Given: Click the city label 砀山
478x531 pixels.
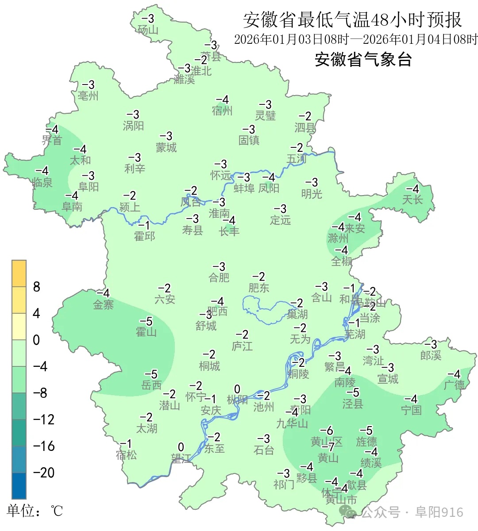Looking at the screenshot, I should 148,30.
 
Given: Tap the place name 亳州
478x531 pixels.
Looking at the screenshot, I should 88,96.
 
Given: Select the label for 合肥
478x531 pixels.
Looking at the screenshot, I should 219,277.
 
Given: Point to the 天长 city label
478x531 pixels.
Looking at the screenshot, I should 412,200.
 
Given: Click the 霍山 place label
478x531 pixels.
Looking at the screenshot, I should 146,332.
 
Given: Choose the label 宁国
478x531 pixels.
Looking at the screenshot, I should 411,410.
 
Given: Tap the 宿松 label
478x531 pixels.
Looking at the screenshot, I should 126,455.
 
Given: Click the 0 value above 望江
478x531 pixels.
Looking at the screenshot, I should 181,447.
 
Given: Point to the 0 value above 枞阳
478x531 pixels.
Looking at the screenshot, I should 237,389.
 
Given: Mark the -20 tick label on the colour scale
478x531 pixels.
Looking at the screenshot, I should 44,473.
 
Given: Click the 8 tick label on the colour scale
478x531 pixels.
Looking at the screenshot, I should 37,287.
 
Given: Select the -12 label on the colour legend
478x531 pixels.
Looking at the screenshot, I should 44,419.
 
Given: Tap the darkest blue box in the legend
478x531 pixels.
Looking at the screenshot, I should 19,485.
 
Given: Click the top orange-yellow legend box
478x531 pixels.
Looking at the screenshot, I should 19,273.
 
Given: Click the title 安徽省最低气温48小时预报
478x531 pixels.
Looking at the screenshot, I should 352,20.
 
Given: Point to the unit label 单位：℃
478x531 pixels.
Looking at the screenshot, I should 35,511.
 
